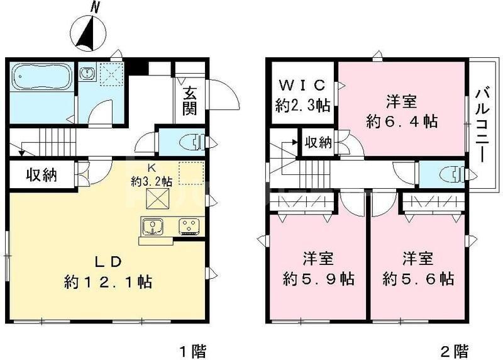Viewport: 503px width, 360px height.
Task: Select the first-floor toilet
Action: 191,142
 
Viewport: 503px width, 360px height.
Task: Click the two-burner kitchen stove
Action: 189,225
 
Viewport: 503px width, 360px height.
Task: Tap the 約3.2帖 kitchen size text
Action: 152,181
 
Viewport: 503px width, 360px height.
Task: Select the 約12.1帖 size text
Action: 108,281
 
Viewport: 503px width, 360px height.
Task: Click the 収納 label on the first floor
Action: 41,174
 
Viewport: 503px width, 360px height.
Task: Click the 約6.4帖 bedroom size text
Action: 402,120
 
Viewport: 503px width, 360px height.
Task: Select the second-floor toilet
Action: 449,173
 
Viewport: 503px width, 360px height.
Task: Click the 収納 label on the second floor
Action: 318,142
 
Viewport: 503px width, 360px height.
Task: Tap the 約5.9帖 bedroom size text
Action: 318,278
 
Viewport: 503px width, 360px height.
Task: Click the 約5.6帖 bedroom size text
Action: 419,278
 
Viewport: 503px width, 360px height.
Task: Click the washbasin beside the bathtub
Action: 87,74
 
